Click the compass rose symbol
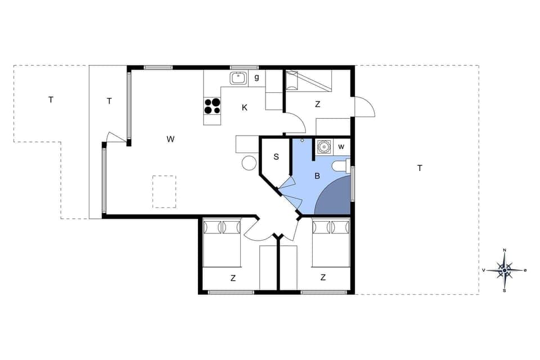point(505,271)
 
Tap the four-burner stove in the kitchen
point(213,106)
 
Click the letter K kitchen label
point(245,107)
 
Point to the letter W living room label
point(170,139)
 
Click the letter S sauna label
point(276,157)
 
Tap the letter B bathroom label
point(317,176)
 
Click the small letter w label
point(341,147)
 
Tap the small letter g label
point(256,78)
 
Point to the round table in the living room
point(249,163)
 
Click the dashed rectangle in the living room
point(164,192)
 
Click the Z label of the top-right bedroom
point(318,104)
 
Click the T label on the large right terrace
point(420,168)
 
